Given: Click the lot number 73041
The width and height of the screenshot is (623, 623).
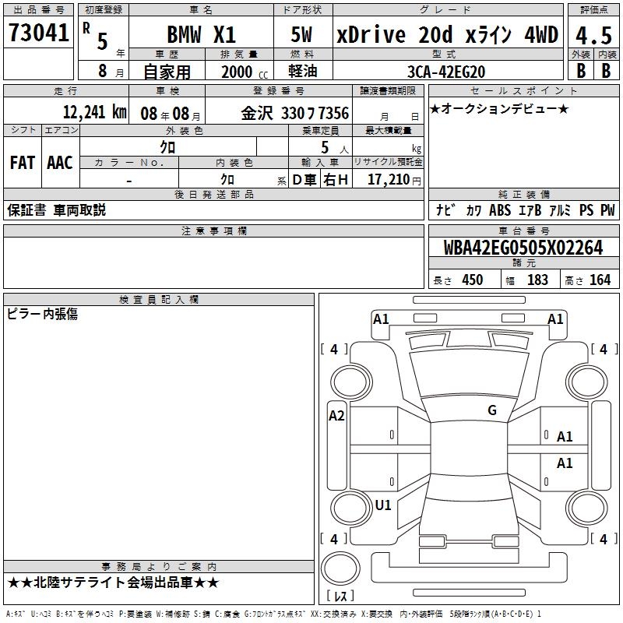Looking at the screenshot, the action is click(x=38, y=33).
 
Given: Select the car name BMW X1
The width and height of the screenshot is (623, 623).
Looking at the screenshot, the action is click(x=202, y=34).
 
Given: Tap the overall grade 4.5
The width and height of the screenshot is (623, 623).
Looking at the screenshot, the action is click(x=593, y=35).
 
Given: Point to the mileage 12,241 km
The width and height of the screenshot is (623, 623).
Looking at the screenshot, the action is click(x=94, y=112).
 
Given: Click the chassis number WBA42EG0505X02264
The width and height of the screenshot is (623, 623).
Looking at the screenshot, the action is click(x=523, y=248).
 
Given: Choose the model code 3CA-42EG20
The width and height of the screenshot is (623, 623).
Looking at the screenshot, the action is click(x=446, y=72).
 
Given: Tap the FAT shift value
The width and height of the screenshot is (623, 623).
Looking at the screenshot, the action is click(x=23, y=163).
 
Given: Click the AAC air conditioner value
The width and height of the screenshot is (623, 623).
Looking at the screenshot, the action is click(x=60, y=163).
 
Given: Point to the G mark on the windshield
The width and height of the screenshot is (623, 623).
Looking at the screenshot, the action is click(x=492, y=410).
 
